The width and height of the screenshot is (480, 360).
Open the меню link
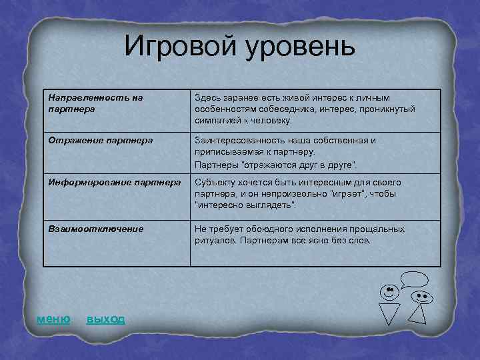point(53,319)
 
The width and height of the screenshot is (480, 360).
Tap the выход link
point(105,319)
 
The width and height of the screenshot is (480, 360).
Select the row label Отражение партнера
point(100,141)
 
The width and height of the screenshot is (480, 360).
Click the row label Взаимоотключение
point(95,229)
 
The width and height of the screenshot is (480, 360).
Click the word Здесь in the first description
point(208,97)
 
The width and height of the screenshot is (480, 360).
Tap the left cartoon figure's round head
point(389,291)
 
